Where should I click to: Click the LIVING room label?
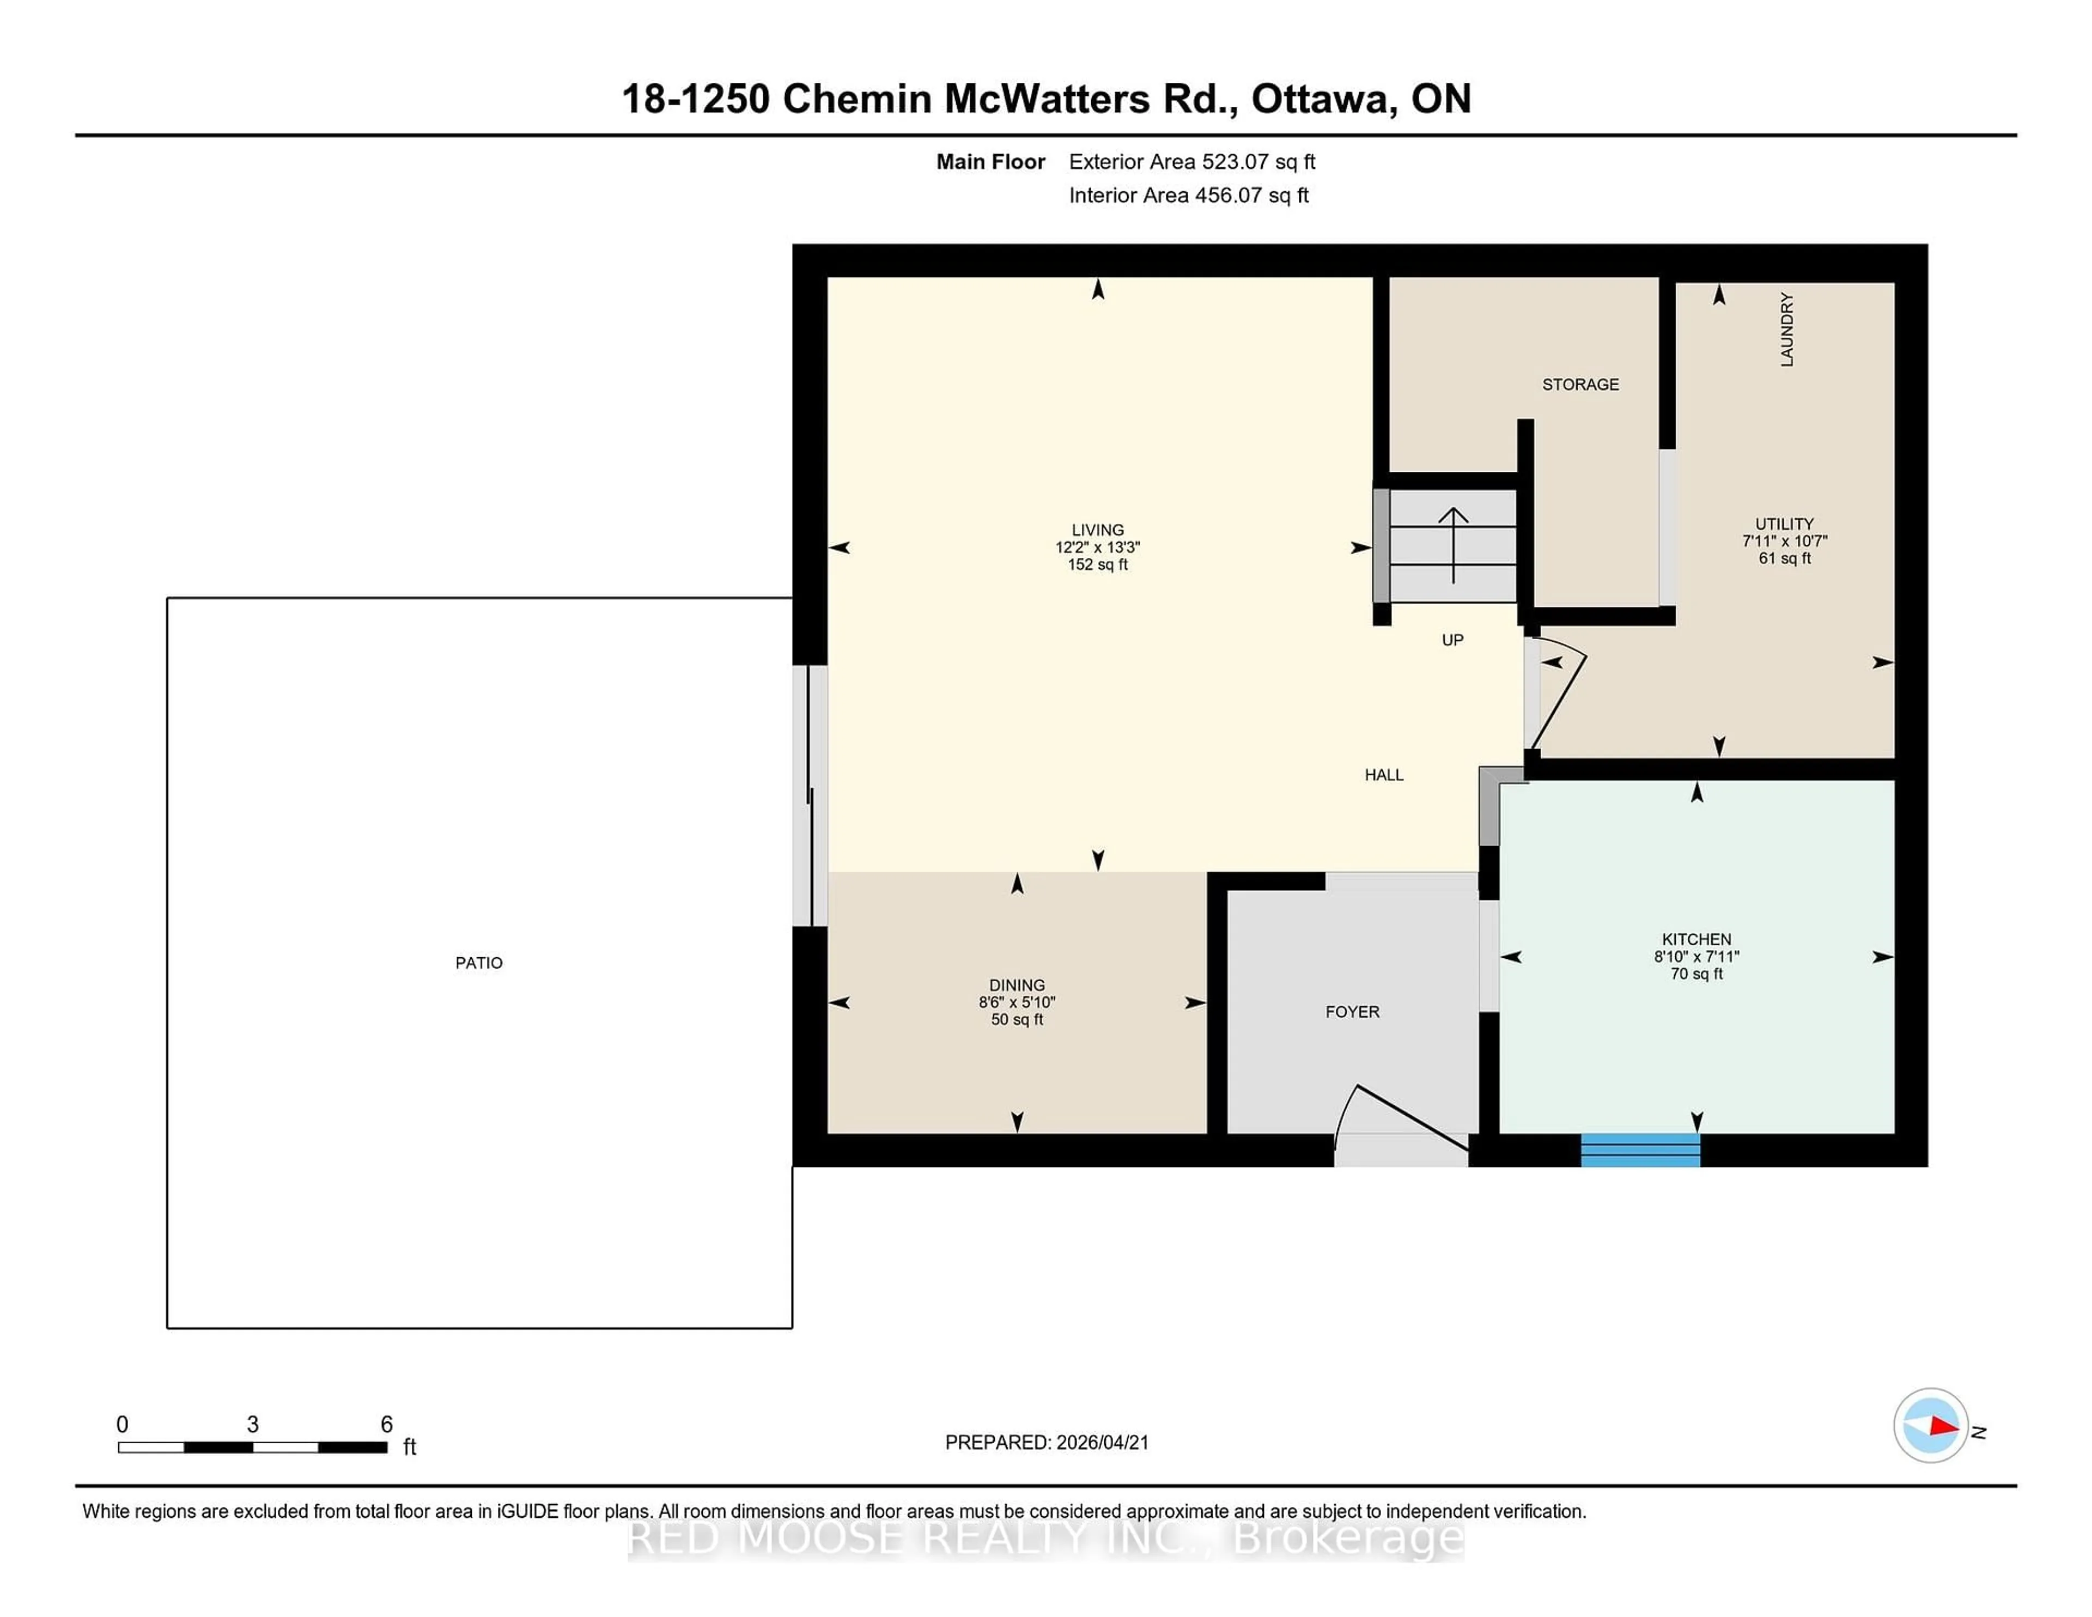point(1098,530)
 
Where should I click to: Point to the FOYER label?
point(1352,1012)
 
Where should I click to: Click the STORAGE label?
point(1579,384)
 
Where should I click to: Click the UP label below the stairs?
point(1452,640)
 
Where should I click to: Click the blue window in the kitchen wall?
point(1640,1150)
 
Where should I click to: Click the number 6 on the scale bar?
point(386,1425)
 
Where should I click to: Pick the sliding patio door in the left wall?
point(810,795)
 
